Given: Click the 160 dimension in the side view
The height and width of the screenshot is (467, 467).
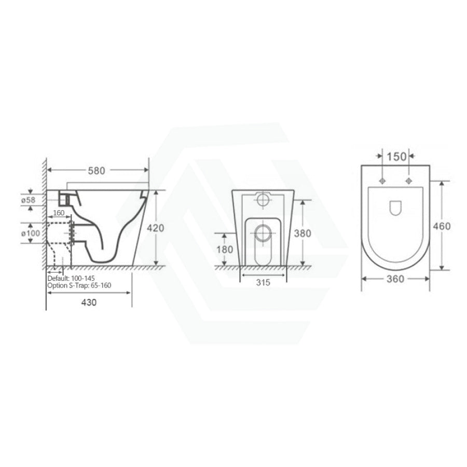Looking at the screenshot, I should tap(58, 213).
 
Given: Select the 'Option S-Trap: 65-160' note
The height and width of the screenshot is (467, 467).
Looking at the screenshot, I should tap(79, 285).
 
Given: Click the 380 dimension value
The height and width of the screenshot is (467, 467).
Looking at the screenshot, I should tap(302, 233).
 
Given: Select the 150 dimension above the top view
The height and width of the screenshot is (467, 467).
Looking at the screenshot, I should tap(395, 156).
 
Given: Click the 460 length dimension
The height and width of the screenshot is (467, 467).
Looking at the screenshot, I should tap(442, 226).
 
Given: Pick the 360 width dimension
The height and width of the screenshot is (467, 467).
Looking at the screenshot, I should tap(395, 279).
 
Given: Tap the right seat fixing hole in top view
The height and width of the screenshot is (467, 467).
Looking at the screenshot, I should tap(409, 181).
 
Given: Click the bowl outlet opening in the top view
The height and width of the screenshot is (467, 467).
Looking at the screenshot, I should tap(395, 208).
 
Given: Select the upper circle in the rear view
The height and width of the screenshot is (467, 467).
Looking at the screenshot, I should tap(263, 199).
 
